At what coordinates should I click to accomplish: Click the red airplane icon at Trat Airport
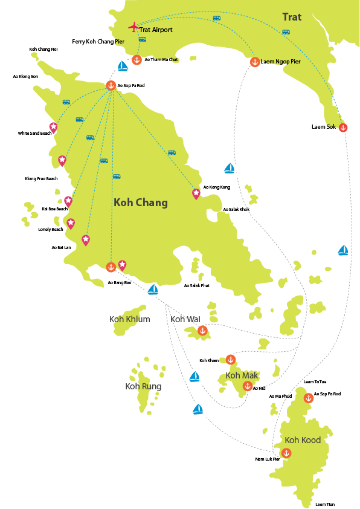(x=133, y=27)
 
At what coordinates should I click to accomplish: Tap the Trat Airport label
(x=156, y=30)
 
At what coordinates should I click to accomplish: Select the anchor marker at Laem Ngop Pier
(x=255, y=62)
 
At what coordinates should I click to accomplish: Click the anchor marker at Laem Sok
(x=343, y=128)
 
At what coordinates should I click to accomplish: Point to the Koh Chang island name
(x=141, y=203)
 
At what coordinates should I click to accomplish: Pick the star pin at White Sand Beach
(x=54, y=126)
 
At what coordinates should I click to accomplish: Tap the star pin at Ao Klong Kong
(x=196, y=193)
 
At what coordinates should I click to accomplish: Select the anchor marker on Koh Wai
(x=202, y=330)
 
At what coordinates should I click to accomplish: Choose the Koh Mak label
(x=242, y=375)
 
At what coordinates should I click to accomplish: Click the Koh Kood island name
(x=303, y=440)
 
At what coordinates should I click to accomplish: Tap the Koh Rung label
(x=143, y=386)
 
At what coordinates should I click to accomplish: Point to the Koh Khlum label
(x=129, y=319)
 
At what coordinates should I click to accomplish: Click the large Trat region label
(x=292, y=17)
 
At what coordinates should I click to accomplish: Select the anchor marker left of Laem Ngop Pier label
(x=255, y=62)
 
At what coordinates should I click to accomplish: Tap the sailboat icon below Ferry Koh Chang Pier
(x=122, y=66)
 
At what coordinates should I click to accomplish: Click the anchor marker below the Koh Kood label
(x=286, y=452)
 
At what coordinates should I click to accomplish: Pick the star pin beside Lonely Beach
(x=71, y=224)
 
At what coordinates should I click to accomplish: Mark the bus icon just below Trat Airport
(x=142, y=39)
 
